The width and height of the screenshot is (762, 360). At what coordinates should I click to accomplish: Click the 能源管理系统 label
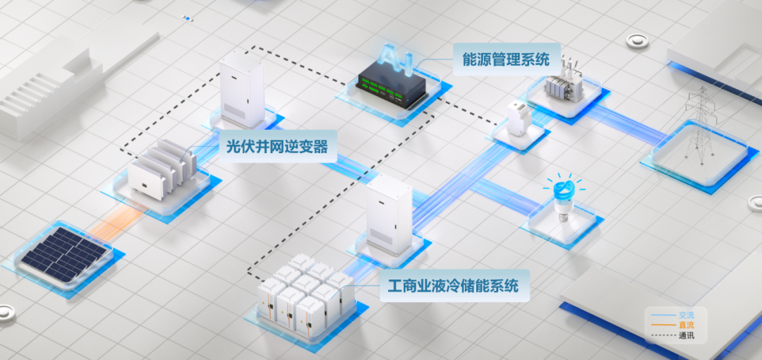[505, 59]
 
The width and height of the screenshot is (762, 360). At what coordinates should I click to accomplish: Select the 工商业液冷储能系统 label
[454, 286]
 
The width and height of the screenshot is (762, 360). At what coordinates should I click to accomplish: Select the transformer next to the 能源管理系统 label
[564, 82]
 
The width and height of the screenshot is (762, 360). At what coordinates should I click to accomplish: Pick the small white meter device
[519, 118]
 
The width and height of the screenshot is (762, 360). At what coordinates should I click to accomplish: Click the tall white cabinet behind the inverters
[241, 89]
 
